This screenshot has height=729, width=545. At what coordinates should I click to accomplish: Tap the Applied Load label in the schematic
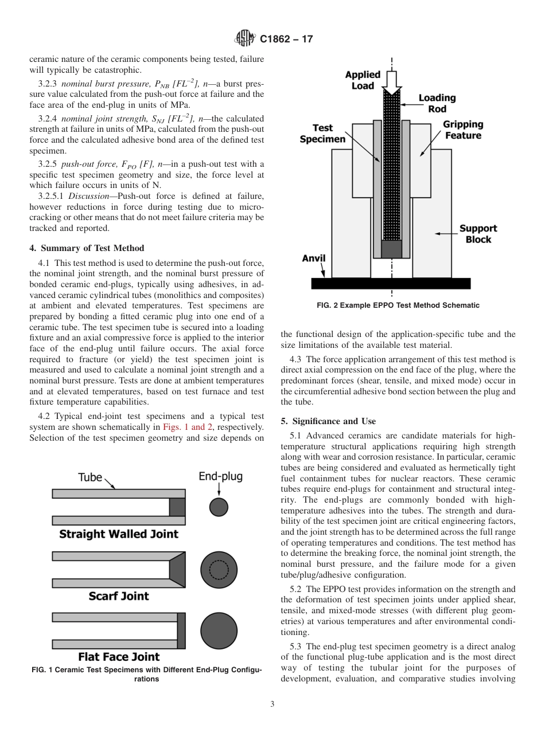coord(363,80)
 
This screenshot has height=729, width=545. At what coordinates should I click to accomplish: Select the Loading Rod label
coord(437,103)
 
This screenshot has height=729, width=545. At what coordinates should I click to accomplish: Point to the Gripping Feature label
coord(462,130)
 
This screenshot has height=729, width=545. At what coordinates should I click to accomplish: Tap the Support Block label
coord(478,234)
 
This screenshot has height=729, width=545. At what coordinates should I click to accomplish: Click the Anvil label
coord(314,258)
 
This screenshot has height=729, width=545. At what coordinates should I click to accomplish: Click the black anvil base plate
coord(391,284)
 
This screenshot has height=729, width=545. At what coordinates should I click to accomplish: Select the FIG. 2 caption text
coord(398,305)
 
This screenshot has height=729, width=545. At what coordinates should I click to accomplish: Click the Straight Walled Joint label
coord(119,534)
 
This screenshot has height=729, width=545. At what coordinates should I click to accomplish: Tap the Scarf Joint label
coord(119,596)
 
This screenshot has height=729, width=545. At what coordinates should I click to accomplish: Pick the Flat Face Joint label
coord(119,657)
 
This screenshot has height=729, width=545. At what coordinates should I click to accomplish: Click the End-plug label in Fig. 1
coord(220,476)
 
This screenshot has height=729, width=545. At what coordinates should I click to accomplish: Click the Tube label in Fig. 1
coord(90,477)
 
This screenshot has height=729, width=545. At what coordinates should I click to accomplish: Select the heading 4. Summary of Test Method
coord(87,248)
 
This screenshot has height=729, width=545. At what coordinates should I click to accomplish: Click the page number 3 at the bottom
coord(272,704)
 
